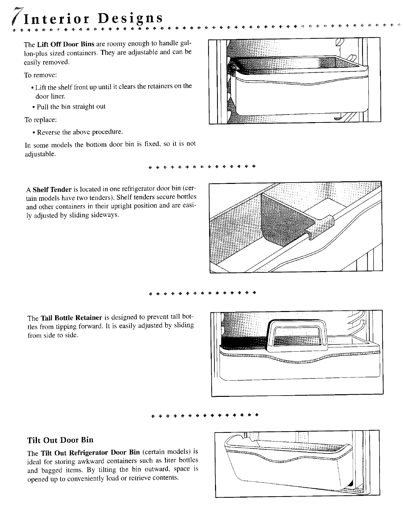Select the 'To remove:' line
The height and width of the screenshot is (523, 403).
click(41, 75)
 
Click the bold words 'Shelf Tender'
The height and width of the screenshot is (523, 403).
click(52, 190)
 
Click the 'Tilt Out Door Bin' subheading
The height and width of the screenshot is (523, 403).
click(60, 440)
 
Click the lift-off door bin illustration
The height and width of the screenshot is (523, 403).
click(294, 81)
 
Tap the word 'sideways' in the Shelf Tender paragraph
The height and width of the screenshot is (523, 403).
click(104, 215)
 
